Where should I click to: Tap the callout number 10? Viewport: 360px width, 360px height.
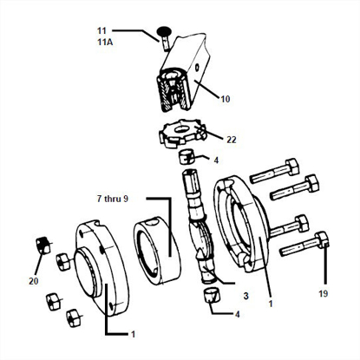(x=224, y=99)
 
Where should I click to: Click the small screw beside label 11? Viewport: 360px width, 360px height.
(x=163, y=36)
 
